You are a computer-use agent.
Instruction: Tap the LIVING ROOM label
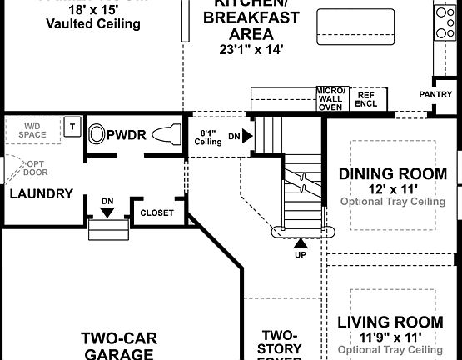[390, 322]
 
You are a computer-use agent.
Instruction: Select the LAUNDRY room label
[41, 193]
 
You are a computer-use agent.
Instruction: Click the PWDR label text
[126, 133]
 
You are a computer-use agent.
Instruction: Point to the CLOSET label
[156, 212]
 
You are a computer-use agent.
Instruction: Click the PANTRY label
[436, 95]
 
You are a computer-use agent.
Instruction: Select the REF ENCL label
[365, 99]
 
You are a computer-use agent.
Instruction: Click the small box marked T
[72, 127]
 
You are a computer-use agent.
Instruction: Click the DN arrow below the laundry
[107, 212]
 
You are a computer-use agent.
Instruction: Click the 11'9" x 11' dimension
[390, 336]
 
